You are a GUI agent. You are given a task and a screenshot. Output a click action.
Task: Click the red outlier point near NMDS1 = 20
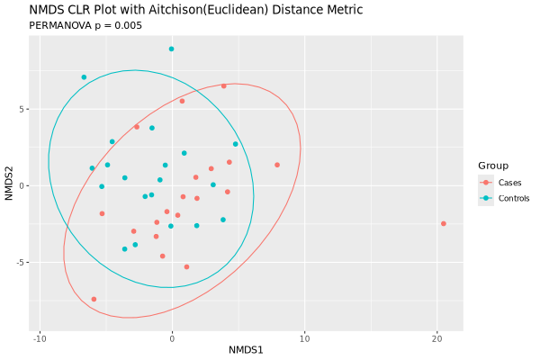coord(443,223)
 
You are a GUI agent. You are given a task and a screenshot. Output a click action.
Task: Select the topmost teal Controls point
coord(171,49)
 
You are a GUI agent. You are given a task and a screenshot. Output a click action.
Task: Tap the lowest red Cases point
coord(94,299)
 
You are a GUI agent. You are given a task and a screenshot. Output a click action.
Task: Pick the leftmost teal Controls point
coord(84,77)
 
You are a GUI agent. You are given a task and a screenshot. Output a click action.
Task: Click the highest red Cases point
coord(224,86)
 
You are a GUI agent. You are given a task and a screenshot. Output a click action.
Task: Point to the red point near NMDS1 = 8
coord(277,165)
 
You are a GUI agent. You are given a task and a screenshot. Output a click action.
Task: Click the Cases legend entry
coord(509,183)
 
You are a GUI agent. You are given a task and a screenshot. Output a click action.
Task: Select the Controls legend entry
coord(514,198)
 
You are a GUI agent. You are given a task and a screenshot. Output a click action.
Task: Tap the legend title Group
coord(493,166)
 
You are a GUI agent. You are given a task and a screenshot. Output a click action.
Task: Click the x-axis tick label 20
coord(436,338)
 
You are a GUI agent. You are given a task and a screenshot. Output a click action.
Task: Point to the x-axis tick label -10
coord(40,338)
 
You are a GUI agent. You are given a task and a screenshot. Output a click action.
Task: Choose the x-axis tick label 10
coord(304,338)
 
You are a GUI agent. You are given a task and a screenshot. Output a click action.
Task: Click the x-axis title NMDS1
coord(246,350)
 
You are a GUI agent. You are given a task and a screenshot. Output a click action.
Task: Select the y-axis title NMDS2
coord(9,185)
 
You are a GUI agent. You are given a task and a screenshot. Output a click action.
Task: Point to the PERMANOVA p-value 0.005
coord(127,25)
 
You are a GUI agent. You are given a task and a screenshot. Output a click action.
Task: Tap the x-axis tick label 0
coord(172,338)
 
